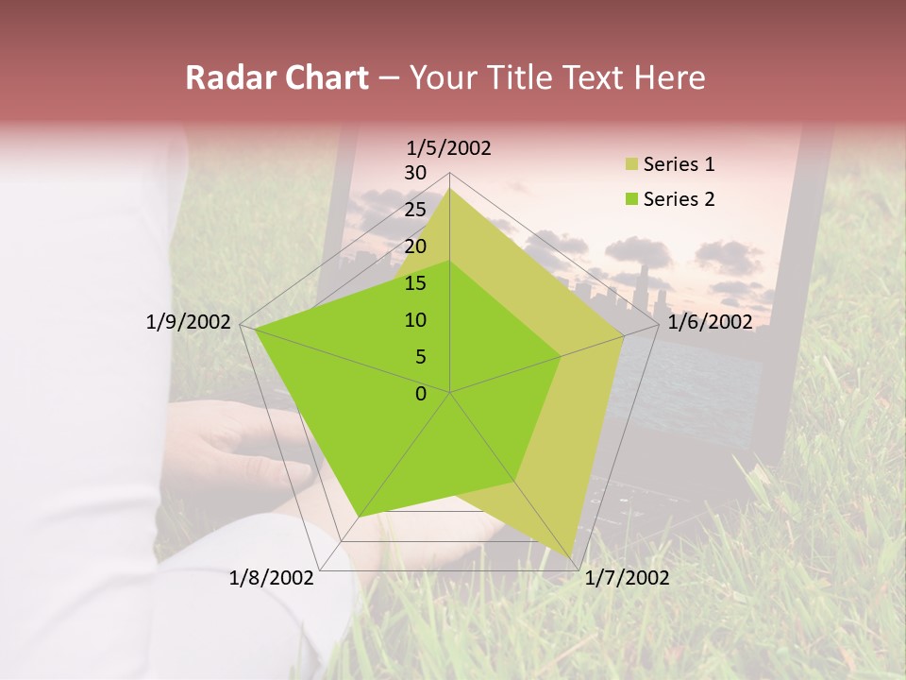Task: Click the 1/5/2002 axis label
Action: point(449,147)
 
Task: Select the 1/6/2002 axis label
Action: point(710,322)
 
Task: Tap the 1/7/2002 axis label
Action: point(627,578)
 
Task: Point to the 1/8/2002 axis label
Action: point(272,578)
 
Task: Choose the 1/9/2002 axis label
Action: point(189,322)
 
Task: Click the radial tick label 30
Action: point(415,173)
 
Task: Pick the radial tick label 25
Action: point(415,210)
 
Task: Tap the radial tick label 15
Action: point(415,283)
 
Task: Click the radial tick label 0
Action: point(421,394)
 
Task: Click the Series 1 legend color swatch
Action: point(631,165)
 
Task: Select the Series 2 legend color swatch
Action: point(631,199)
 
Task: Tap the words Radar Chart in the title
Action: point(277,77)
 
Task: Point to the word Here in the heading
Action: point(669,77)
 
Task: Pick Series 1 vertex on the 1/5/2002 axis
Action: point(449,188)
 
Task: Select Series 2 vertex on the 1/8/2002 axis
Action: point(360,517)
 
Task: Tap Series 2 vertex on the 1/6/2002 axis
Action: point(561,357)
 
